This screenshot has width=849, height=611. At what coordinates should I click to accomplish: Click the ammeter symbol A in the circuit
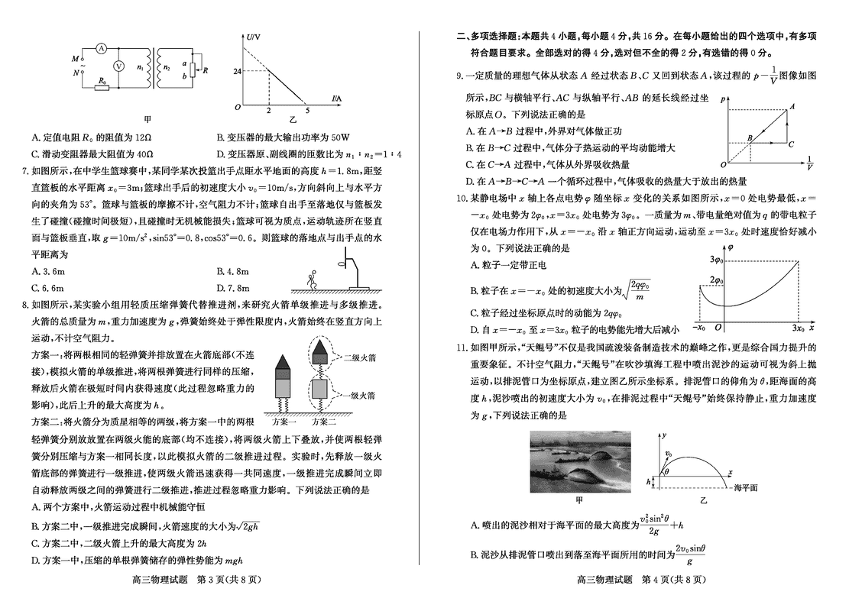100,47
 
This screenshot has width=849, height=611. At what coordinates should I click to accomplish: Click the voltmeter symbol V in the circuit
118,66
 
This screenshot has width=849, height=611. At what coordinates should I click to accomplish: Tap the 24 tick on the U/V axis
237,71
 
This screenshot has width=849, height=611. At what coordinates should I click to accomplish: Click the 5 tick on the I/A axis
307,111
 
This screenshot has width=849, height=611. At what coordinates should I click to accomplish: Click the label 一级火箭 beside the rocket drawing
358,396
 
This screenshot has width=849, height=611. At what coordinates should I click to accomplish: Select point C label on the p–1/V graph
791,144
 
